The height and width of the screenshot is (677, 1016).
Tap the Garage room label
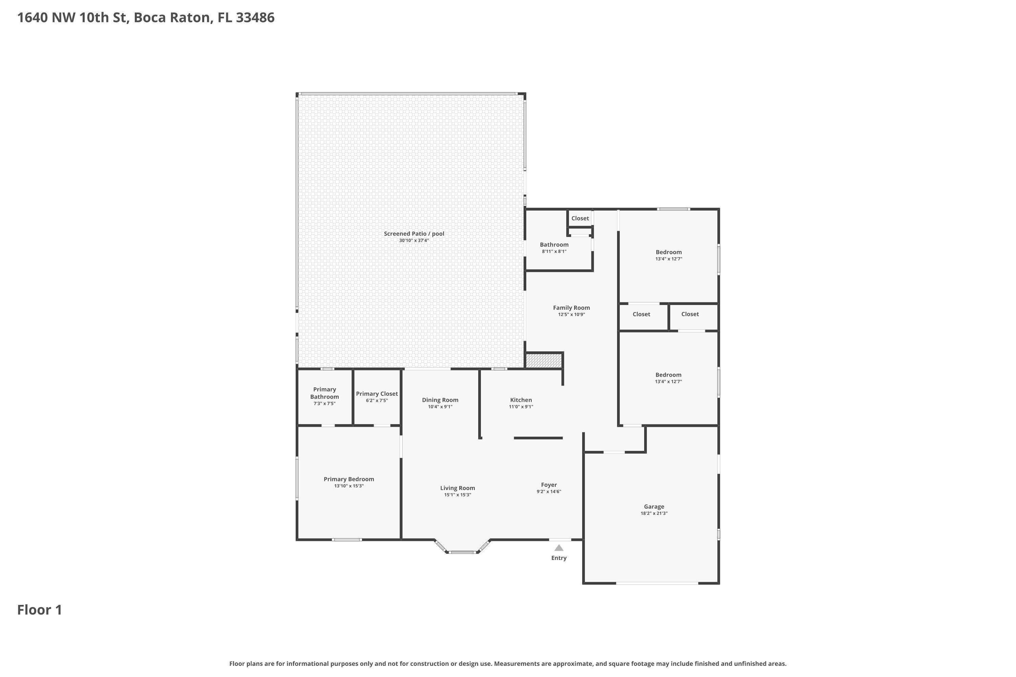click(x=654, y=506)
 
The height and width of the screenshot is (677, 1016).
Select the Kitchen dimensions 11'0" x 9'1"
click(x=521, y=407)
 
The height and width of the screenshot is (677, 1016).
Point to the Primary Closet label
click(x=377, y=394)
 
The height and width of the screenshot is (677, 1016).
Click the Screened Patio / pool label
click(x=414, y=234)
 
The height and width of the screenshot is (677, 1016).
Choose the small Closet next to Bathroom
click(x=580, y=218)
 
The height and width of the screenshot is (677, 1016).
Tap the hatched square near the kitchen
click(x=544, y=361)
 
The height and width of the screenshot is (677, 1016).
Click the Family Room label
click(x=571, y=308)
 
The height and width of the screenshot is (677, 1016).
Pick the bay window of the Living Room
click(x=462, y=552)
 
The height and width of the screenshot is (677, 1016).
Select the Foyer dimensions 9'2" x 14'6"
click(x=549, y=492)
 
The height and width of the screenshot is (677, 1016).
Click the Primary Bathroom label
click(x=324, y=393)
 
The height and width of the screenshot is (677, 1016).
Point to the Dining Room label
click(x=440, y=400)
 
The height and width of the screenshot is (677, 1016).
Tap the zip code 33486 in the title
click(x=255, y=18)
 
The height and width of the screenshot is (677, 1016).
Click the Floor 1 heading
click(x=39, y=610)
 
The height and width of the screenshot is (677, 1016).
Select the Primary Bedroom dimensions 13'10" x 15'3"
click(x=348, y=486)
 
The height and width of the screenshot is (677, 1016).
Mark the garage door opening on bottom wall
click(x=657, y=583)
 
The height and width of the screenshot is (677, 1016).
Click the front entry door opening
click(x=560, y=539)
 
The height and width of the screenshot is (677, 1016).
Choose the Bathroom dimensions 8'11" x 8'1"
click(x=554, y=251)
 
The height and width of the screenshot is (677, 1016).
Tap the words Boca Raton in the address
click(x=173, y=18)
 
